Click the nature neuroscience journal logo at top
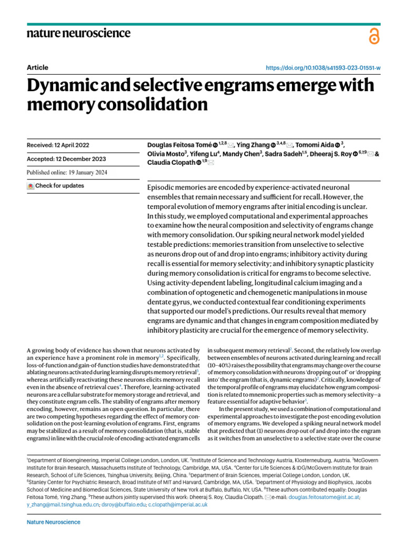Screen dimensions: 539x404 point(78,34)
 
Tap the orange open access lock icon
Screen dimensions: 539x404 point(373,35)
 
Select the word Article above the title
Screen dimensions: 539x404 point(37,67)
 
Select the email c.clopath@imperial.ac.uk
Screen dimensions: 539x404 point(177,504)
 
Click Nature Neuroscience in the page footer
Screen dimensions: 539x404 point(54,522)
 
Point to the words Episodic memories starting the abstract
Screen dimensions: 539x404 point(174,188)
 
